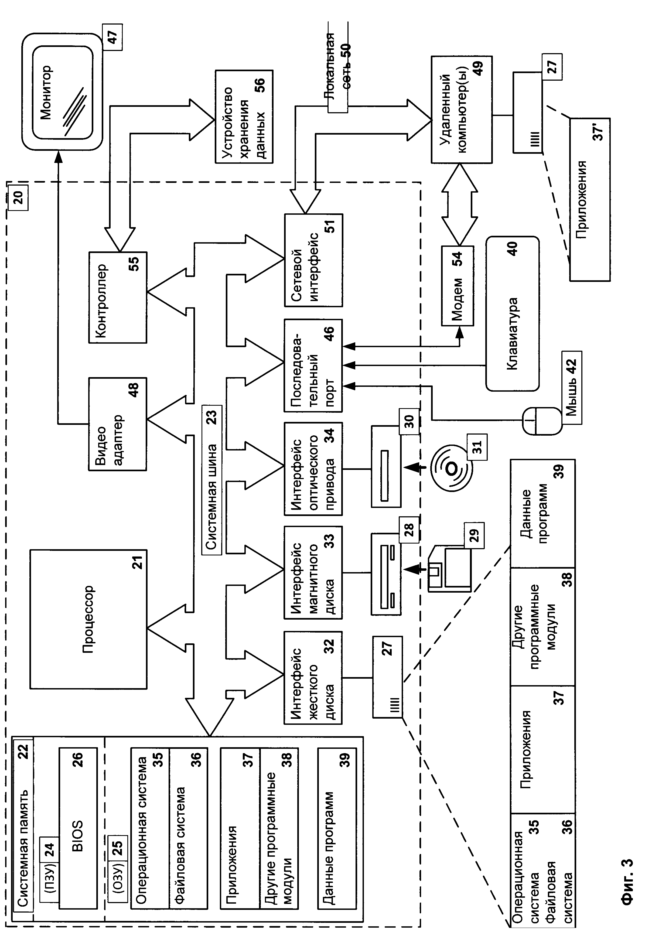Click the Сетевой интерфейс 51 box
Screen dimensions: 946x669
[313, 260]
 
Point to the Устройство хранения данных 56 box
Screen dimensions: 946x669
[244, 117]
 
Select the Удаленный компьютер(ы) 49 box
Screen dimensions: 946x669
[461, 110]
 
